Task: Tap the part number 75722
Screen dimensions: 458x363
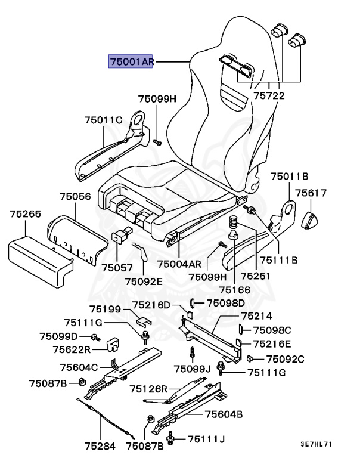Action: pyautogui.click(x=268, y=95)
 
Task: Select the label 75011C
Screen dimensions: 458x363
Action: pyautogui.click(x=103, y=120)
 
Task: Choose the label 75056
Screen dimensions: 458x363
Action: pyautogui.click(x=75, y=196)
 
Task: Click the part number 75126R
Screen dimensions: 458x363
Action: pyautogui.click(x=149, y=389)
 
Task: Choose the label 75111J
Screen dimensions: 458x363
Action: pyautogui.click(x=206, y=439)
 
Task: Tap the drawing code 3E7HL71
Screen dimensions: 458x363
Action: pyautogui.click(x=315, y=444)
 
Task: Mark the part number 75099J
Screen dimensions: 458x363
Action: pyautogui.click(x=193, y=368)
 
